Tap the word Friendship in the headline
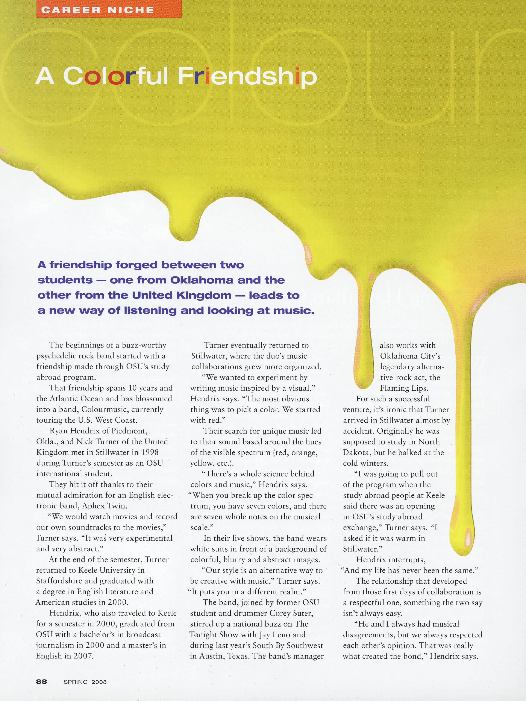click(x=247, y=76)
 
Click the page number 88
click(x=41, y=681)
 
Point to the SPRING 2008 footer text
click(x=85, y=682)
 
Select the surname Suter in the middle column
click(x=302, y=613)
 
